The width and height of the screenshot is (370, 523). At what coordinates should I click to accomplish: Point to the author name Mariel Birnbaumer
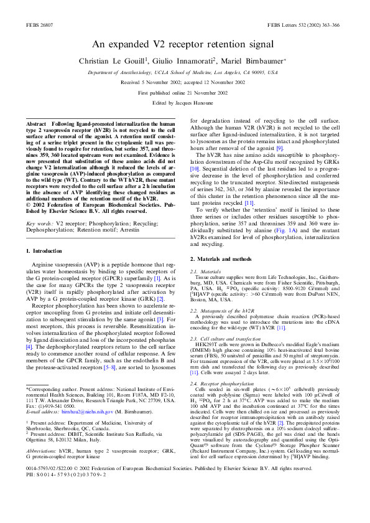point(251,60)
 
